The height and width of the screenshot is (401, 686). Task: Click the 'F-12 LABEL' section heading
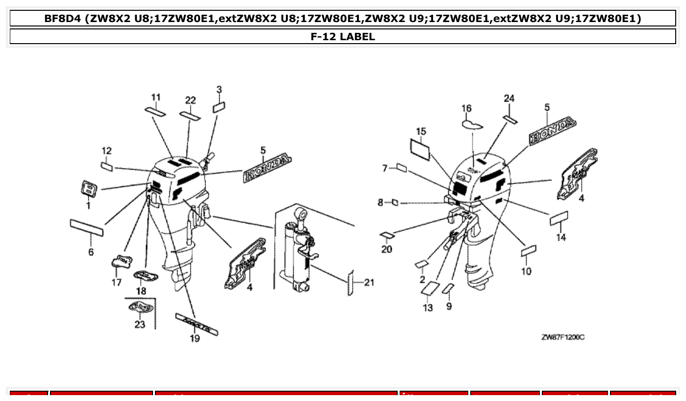(x=343, y=36)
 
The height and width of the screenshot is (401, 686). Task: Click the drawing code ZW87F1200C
(x=563, y=337)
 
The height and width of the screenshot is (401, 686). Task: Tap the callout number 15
(x=421, y=131)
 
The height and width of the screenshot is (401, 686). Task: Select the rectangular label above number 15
(x=420, y=149)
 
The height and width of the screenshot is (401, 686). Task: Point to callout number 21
(x=369, y=282)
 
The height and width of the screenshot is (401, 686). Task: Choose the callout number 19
(x=195, y=338)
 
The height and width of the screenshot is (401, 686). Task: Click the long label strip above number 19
(x=197, y=325)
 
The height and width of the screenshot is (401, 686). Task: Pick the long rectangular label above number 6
(x=87, y=227)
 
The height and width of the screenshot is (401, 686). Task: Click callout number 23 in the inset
(x=140, y=325)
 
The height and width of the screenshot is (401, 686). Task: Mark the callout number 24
(x=509, y=99)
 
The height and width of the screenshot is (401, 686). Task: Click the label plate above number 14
(x=559, y=218)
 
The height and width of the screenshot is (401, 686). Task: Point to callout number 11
(x=155, y=97)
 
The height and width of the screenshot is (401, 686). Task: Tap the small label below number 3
(x=219, y=107)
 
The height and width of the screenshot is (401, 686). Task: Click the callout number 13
(x=428, y=307)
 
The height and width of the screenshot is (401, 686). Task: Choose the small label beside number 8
(x=395, y=202)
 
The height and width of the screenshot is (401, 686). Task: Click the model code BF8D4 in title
(x=62, y=19)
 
